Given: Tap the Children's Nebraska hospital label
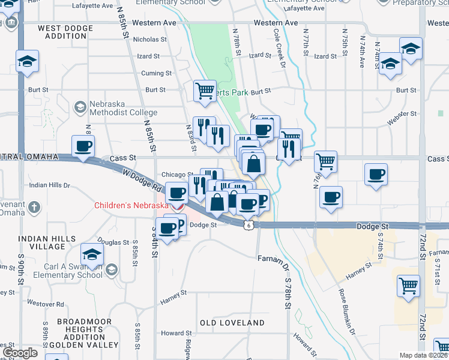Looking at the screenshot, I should pyautogui.click(x=131, y=206).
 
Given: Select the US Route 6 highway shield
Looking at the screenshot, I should pyautogui.click(x=247, y=224).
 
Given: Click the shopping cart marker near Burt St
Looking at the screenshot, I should pyautogui.click(x=205, y=91).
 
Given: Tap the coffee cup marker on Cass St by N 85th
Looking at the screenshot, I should pyautogui.click(x=83, y=146).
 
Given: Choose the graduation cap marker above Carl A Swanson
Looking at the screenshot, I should pyautogui.click(x=92, y=255).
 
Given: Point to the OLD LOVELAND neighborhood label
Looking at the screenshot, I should pyautogui.click(x=232, y=323).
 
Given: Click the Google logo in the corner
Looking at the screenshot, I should pyautogui.click(x=20, y=353).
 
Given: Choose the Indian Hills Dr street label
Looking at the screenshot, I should pyautogui.click(x=50, y=185).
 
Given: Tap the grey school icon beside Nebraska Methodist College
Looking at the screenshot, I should pyautogui.click(x=79, y=107).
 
